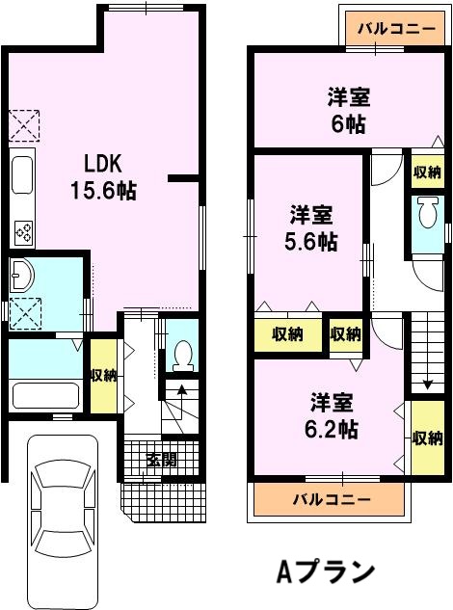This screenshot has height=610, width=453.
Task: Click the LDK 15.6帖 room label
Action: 103,177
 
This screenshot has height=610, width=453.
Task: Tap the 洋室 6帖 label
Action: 348,111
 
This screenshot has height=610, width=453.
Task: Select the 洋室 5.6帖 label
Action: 311,228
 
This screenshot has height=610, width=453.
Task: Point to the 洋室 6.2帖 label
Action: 331,415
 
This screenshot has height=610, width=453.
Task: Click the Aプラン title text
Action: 325,571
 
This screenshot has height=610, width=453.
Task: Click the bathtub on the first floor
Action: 45,395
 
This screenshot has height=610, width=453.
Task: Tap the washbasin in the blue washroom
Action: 21,276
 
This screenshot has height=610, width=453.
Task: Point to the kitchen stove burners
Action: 24,232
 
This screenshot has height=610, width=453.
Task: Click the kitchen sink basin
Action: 22,174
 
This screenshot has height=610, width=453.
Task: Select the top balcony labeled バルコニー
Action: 396,29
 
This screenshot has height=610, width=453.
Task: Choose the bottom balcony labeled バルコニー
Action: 332,499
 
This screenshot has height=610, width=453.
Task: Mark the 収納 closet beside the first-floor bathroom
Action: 104,376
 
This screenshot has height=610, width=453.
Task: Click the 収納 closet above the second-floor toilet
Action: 427,172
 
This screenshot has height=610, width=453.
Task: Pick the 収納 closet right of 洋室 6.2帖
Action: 427,438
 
